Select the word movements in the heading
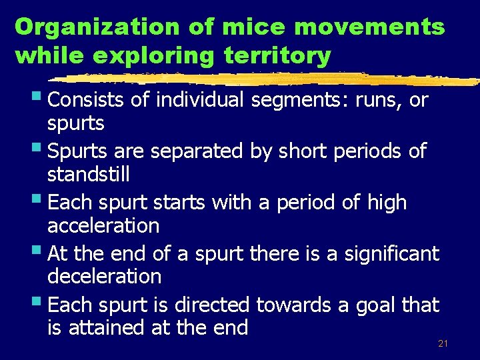[x=355, y=27]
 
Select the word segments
[x=296, y=101]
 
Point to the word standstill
[x=88, y=175]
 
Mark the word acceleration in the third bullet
[x=103, y=226]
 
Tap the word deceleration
[x=105, y=277]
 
